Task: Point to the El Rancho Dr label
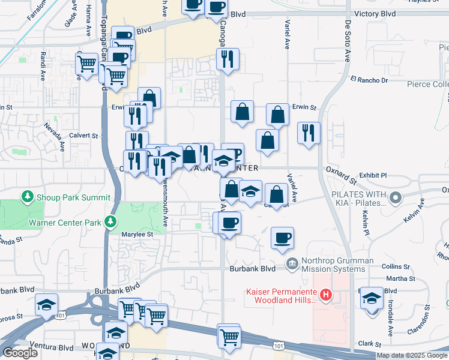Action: (369, 80)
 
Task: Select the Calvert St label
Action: (83, 136)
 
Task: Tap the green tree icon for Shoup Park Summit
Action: (26, 196)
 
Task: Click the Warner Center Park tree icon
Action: (110, 222)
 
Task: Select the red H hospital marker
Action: (326, 295)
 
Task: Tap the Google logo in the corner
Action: (20, 353)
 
